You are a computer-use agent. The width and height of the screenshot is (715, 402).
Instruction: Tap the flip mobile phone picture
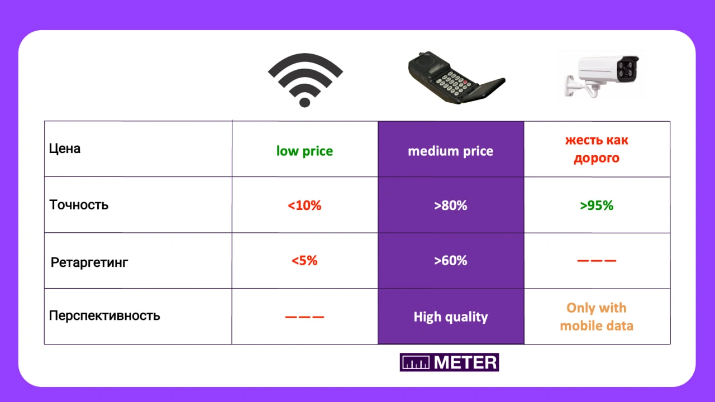pyautogui.click(x=456, y=78)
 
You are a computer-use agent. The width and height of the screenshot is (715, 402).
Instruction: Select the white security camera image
pyautogui.click(x=602, y=76)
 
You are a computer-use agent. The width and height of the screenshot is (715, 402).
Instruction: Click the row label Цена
pyautogui.click(x=64, y=149)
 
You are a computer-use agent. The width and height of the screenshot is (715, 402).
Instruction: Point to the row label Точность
pyautogui.click(x=79, y=205)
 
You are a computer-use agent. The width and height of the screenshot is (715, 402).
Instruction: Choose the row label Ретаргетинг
pyautogui.click(x=89, y=262)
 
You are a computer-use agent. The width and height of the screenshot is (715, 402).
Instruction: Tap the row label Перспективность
pyautogui.click(x=104, y=315)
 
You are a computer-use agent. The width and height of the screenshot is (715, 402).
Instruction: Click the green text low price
pyautogui.click(x=304, y=151)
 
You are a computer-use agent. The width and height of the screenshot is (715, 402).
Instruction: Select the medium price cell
pyautogui.click(x=451, y=149)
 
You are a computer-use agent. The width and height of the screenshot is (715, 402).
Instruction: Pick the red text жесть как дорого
pyautogui.click(x=597, y=149)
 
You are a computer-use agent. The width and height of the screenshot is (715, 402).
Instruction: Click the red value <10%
pyautogui.click(x=304, y=205)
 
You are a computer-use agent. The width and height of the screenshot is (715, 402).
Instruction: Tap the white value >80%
pyautogui.click(x=451, y=205)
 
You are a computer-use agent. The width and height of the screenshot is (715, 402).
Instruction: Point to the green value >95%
pyautogui.click(x=597, y=205)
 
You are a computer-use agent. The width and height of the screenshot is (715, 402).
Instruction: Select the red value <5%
pyautogui.click(x=304, y=261)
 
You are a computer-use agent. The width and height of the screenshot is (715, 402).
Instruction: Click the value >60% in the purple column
pyautogui.click(x=451, y=261)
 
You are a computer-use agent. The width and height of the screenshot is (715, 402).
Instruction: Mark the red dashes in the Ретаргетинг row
pyautogui.click(x=597, y=261)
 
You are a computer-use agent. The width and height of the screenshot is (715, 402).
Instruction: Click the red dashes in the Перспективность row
pyautogui.click(x=304, y=317)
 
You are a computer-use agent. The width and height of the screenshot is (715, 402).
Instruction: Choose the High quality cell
pyautogui.click(x=451, y=317)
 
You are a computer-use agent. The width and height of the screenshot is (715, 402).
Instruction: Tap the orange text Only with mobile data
pyautogui.click(x=597, y=317)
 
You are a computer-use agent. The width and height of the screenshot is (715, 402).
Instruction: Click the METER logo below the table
pyautogui.click(x=450, y=362)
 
